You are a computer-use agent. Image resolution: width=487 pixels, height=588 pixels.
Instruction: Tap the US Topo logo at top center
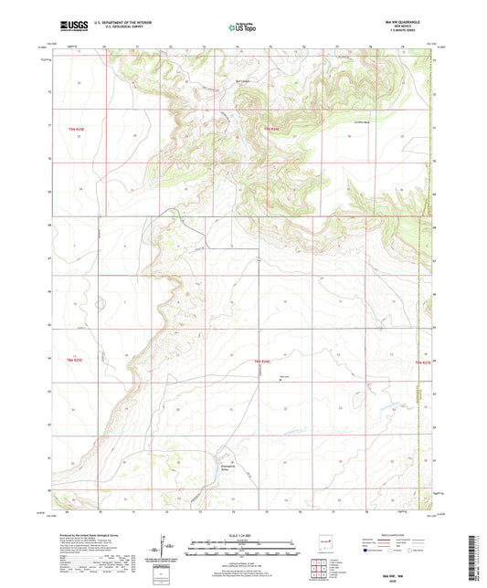click(242, 27)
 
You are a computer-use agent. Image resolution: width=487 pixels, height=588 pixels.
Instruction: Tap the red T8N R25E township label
click(77, 362)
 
